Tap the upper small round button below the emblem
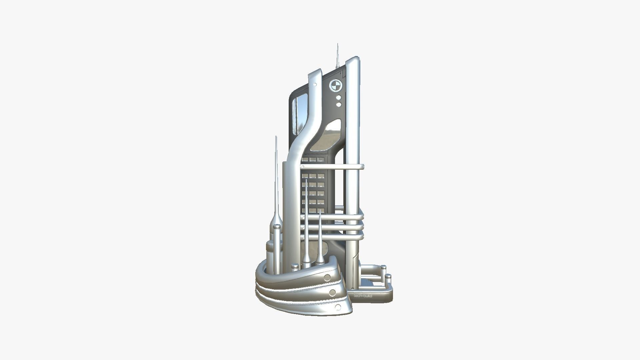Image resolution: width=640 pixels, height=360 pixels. (339, 98)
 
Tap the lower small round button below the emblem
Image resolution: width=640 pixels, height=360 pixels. (339, 105)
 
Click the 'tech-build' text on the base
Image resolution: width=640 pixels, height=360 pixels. (363, 296)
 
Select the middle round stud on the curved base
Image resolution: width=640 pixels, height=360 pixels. (332, 293)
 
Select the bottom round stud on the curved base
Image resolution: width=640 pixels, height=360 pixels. (338, 307)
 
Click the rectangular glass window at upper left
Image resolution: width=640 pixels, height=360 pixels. (300, 113)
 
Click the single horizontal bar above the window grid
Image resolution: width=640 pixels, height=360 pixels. (333, 167)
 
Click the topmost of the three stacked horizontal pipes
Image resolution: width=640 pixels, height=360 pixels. (333, 217)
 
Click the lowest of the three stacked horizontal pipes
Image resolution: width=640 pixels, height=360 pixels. (333, 237)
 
